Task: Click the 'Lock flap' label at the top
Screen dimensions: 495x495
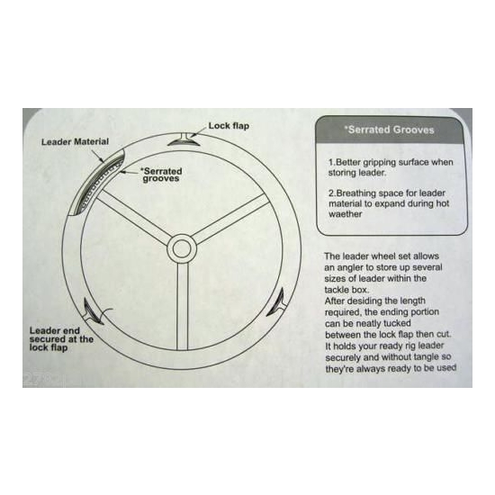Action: tap(229, 126)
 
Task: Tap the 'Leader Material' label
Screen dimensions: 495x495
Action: tap(75, 141)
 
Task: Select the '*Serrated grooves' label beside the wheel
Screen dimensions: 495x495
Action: tap(162, 175)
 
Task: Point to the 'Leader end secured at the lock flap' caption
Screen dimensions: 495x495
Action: tap(61, 339)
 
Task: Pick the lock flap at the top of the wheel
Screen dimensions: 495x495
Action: tap(184, 139)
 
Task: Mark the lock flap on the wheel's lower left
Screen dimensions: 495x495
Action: tap(92, 312)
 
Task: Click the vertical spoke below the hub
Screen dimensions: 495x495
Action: tap(183, 306)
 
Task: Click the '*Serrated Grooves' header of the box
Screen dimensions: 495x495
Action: tap(389, 130)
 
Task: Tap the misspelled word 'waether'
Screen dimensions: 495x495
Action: tap(346, 214)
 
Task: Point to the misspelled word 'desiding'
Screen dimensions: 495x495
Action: tap(364, 301)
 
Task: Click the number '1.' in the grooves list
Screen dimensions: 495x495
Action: tap(331, 163)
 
